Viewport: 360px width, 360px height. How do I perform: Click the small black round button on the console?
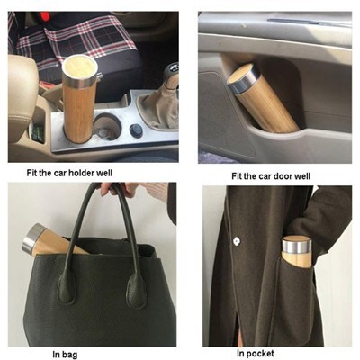click(134, 130)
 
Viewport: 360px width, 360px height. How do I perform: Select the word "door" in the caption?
click(284, 176)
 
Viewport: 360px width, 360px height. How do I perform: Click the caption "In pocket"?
click(256, 354)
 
